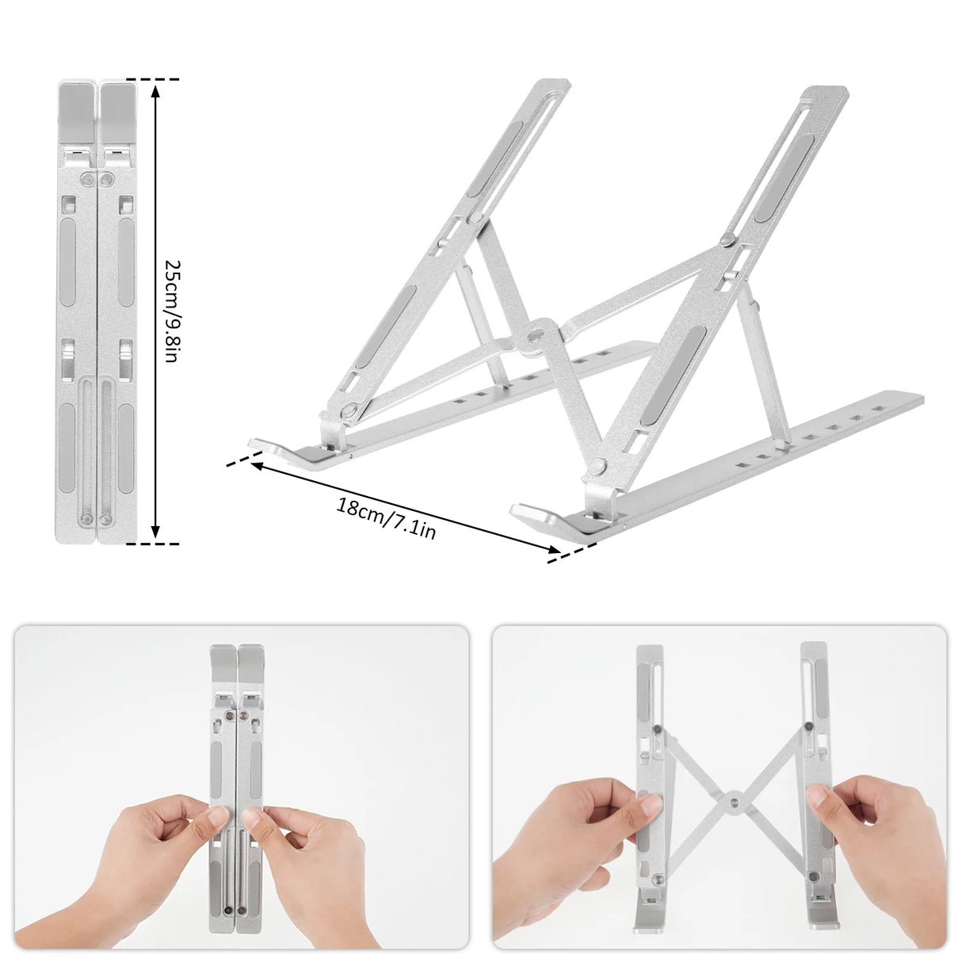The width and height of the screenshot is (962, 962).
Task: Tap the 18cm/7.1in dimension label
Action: (386, 519)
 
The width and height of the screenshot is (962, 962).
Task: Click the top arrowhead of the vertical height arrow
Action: (156, 90)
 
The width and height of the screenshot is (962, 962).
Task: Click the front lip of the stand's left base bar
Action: (265, 446)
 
